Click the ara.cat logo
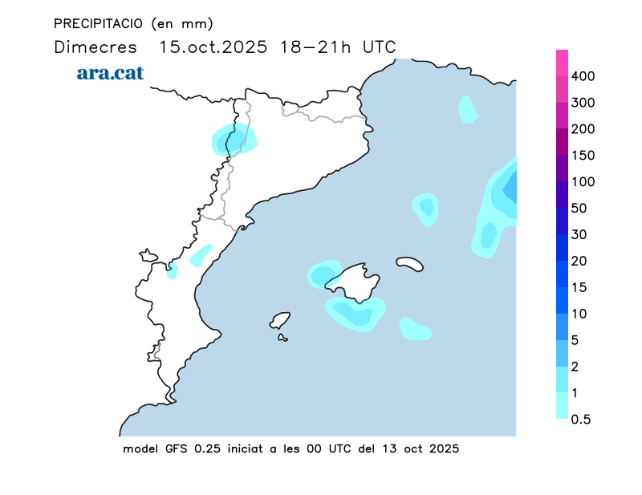pos(110,72)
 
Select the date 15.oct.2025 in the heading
pos(213,47)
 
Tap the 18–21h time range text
pos(315,47)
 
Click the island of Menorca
pos(409,263)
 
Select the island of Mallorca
pos(353,282)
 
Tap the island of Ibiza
pos(280,320)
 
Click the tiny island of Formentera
pos(282,338)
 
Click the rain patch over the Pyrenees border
pos(234,140)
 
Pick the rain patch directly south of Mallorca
pos(355,312)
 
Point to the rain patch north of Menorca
pos(425,208)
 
